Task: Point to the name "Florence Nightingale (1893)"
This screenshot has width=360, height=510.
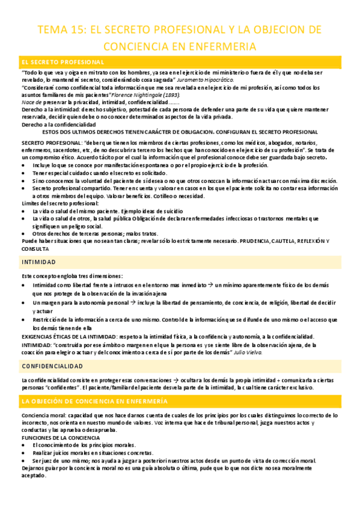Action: click(x=145, y=95)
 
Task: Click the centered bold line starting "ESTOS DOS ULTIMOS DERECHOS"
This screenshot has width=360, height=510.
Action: click(x=181, y=132)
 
